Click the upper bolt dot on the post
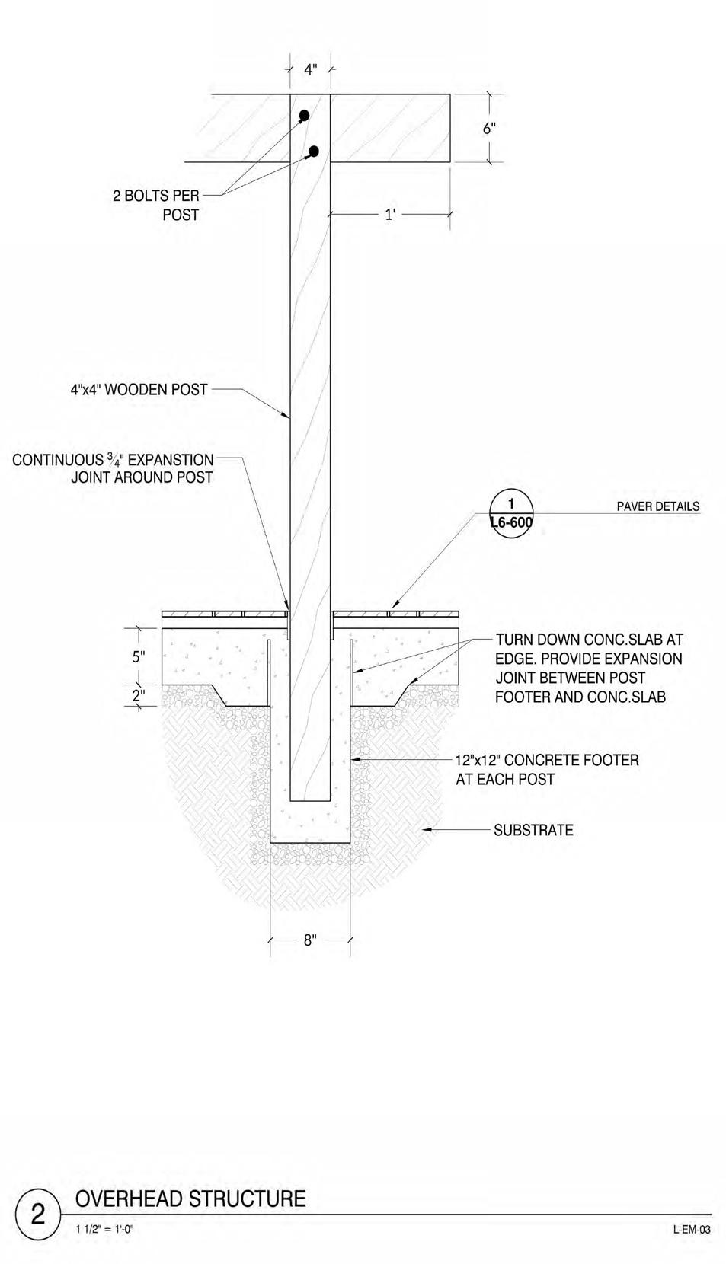point(304,116)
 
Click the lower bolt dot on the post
point(314,151)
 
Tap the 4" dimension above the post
point(310,70)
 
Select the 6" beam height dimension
point(489,129)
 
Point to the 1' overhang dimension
point(390,215)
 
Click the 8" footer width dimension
point(310,940)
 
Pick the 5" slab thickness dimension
point(139,656)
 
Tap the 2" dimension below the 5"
point(139,695)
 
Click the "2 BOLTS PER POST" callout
point(156,206)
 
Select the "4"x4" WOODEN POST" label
point(139,390)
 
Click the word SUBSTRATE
point(533,830)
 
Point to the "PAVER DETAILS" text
point(657,506)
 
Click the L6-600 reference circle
point(511,514)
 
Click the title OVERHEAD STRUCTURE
point(190,1199)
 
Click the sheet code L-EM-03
point(692,1229)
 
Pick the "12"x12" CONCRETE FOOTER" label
point(547,769)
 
